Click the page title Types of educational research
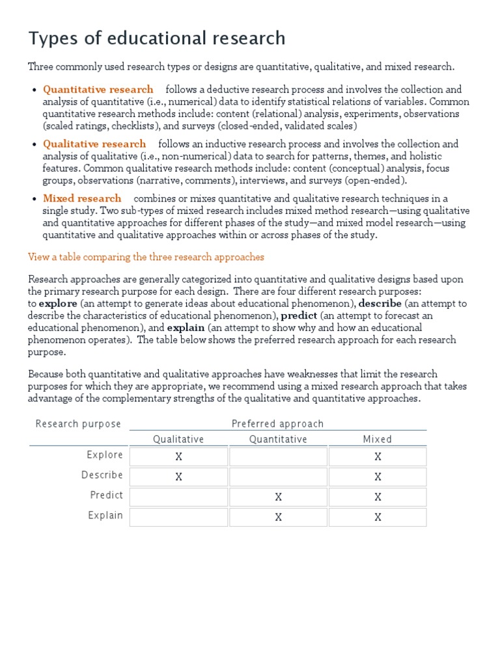click(x=157, y=38)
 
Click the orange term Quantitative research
click(x=98, y=89)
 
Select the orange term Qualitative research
click(x=94, y=144)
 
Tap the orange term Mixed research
click(x=82, y=198)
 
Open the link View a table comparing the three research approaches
click(x=146, y=257)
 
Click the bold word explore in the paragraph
click(x=58, y=303)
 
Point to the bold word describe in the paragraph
click(x=380, y=303)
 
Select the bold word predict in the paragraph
click(x=299, y=315)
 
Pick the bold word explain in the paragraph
click(x=186, y=328)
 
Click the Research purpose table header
click(x=78, y=424)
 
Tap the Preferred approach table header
click(x=277, y=424)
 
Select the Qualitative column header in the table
click(x=178, y=440)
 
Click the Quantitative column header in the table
click(x=278, y=440)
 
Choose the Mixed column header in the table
click(x=378, y=440)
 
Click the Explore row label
click(x=105, y=455)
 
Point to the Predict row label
click(x=106, y=495)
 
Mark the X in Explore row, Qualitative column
click(x=179, y=457)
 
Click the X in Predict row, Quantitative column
click(x=278, y=498)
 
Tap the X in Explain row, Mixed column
click(x=378, y=518)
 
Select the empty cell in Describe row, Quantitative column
click(x=278, y=477)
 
